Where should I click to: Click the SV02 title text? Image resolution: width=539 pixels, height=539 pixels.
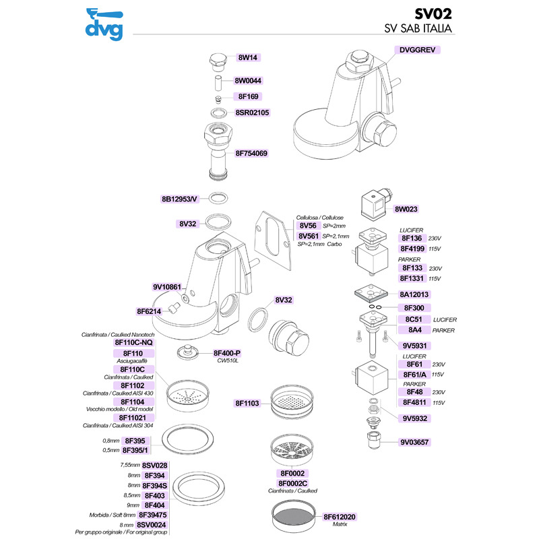tap(432, 13)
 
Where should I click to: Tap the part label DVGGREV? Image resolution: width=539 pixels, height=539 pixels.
tap(418, 50)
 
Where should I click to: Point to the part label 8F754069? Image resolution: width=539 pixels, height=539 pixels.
tap(251, 154)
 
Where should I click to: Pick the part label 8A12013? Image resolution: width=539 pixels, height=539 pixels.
tap(414, 294)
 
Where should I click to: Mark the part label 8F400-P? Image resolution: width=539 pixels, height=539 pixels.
tap(227, 353)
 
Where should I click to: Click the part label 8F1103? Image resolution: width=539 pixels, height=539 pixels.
tap(247, 403)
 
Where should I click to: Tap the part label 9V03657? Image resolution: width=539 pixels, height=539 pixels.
tap(416, 443)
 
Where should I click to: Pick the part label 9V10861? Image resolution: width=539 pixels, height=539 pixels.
tap(167, 287)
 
